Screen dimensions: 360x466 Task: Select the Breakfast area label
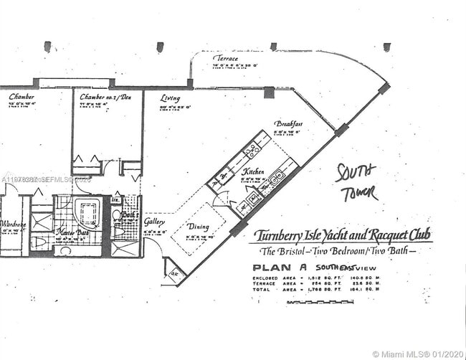click(287, 123)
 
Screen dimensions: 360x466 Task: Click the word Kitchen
click(252, 172)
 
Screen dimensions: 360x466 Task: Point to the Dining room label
click(198, 227)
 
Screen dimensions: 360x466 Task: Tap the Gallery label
click(154, 222)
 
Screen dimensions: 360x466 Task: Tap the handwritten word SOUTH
click(356, 173)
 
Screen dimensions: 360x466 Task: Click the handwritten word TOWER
click(361, 194)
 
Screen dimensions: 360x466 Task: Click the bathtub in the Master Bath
click(89, 212)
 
